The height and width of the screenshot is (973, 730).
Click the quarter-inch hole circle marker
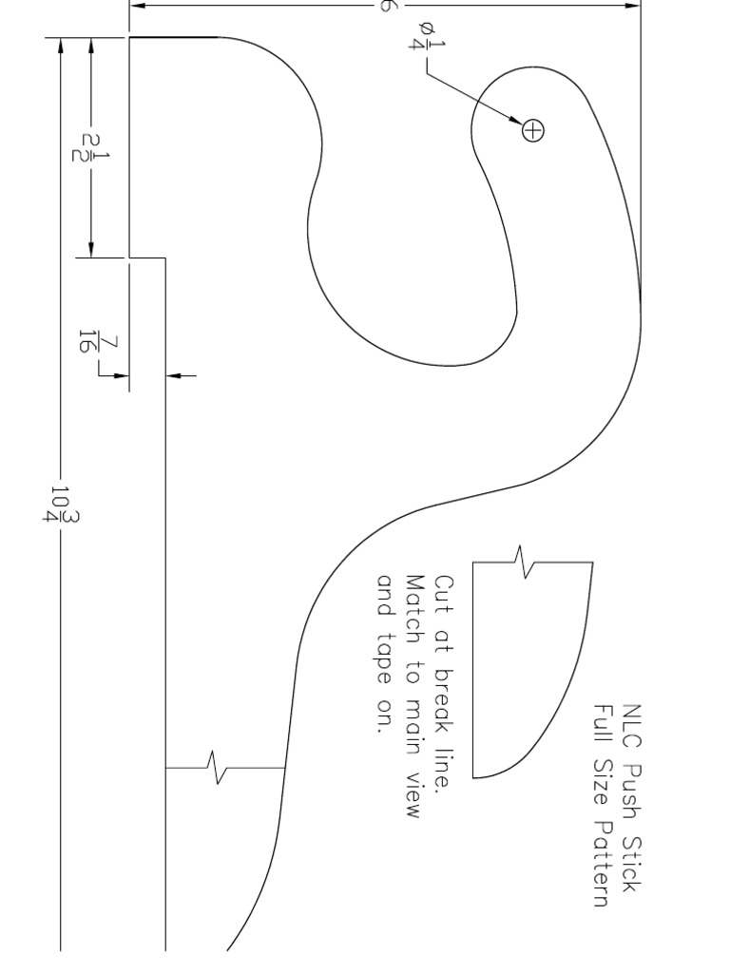(x=533, y=130)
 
